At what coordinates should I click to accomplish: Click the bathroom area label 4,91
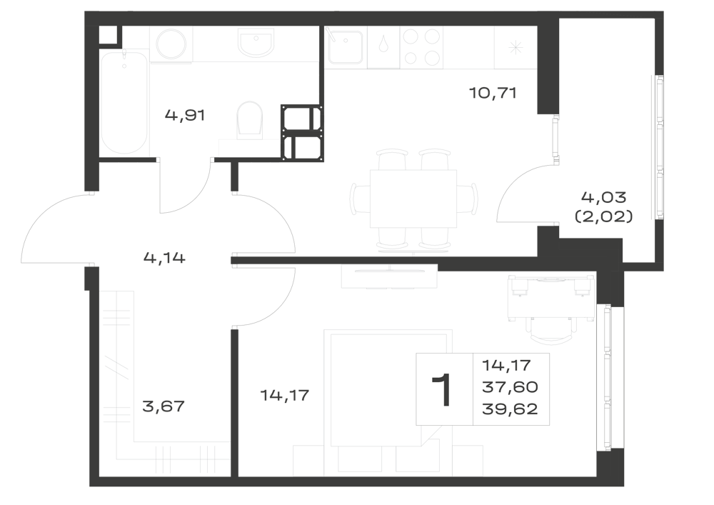pyautogui.click(x=185, y=115)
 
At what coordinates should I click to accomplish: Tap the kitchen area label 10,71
pyautogui.click(x=493, y=94)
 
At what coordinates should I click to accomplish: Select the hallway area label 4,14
pyautogui.click(x=164, y=258)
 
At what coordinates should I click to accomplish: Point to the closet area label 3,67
pyautogui.click(x=164, y=406)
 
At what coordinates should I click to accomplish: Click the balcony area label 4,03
pyautogui.click(x=604, y=197)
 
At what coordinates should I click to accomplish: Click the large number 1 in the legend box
pyautogui.click(x=442, y=389)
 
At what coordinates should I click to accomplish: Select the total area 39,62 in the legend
pyautogui.click(x=510, y=409)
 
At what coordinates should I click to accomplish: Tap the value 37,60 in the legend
pyautogui.click(x=510, y=387)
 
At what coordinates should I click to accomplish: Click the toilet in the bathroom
pyautogui.click(x=250, y=119)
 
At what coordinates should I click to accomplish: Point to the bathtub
pyautogui.click(x=124, y=102)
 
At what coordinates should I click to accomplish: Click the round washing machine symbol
pyautogui.click(x=171, y=44)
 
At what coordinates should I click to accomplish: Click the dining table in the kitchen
pyautogui.click(x=413, y=199)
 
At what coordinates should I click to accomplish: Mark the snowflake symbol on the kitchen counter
pyautogui.click(x=516, y=47)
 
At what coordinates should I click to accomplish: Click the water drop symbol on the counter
pyautogui.click(x=383, y=44)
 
